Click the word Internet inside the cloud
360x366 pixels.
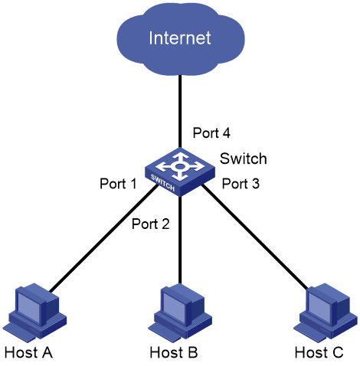[x=180, y=38]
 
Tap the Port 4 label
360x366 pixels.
[x=211, y=132]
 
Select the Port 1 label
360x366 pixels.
[x=118, y=184]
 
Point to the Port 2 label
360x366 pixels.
[x=151, y=224]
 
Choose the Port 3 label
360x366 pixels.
[x=241, y=184]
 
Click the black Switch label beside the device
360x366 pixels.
[x=244, y=158]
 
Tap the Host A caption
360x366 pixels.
[x=28, y=352]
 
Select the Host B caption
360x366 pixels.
[x=174, y=352]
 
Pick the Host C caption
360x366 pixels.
[x=319, y=352]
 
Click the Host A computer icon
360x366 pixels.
[x=35, y=312]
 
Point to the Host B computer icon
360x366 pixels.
[x=180, y=312]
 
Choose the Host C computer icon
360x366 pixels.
[x=326, y=312]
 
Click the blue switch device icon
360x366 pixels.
[x=180, y=172]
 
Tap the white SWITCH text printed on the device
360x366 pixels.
[x=162, y=183]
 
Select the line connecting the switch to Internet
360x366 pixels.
[x=180, y=111]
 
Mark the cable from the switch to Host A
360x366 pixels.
[x=104, y=238]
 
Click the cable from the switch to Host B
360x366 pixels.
[x=180, y=240]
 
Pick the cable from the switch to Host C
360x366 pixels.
[x=255, y=237]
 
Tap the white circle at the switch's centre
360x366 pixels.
[x=180, y=167]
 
